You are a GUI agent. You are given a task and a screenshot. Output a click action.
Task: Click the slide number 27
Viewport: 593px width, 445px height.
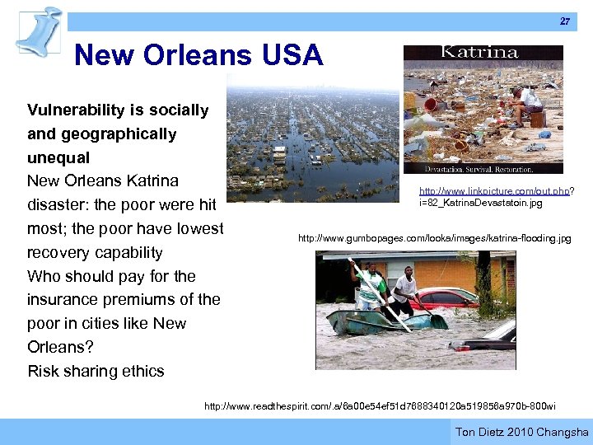565,21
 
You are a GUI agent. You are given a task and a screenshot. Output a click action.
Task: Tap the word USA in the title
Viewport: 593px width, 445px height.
293,56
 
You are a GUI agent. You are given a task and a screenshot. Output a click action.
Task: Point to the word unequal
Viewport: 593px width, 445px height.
58,157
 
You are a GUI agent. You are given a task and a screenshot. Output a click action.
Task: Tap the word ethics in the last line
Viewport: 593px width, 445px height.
141,371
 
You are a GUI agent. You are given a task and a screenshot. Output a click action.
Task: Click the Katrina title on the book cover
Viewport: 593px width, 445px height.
480,53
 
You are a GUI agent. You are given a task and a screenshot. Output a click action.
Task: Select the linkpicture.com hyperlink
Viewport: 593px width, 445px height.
494,191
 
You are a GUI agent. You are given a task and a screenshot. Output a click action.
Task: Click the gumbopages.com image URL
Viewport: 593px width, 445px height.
434,238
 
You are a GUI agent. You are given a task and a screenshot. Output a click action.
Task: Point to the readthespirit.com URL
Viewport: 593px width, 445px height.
380,405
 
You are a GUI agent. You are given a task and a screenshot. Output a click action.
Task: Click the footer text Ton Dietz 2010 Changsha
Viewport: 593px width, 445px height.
522,432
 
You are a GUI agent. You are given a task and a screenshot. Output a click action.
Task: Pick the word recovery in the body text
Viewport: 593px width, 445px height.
64,252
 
